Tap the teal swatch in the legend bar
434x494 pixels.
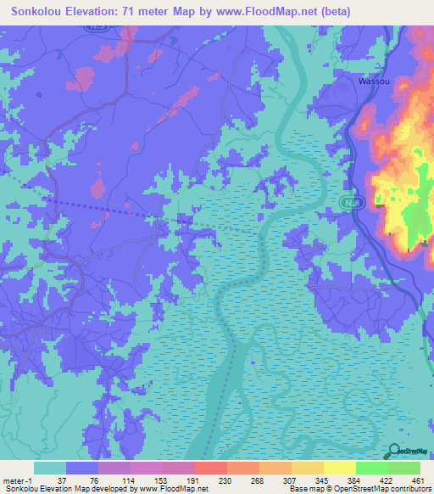(x=50, y=468)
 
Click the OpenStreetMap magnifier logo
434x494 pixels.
(x=395, y=452)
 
